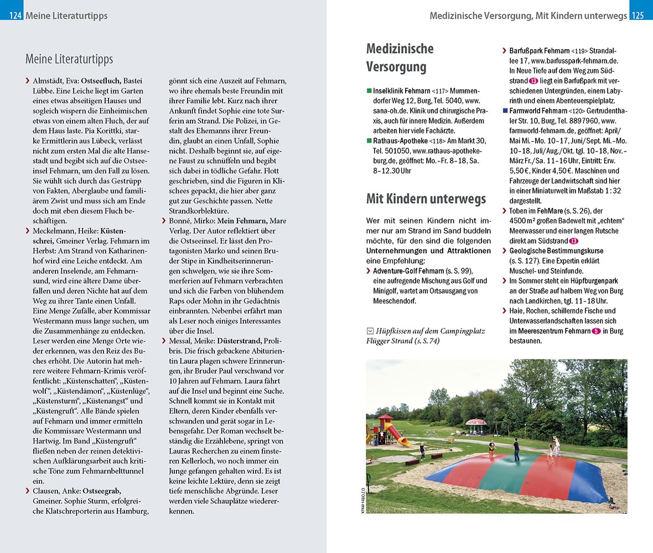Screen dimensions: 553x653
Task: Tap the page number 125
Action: click(x=638, y=16)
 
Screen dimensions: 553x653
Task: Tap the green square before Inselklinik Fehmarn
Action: click(x=369, y=91)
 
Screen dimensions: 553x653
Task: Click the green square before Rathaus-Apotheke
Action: click(x=369, y=140)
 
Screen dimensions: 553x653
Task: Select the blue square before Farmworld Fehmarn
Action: click(x=505, y=111)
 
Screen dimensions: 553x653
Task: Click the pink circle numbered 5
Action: click(x=596, y=331)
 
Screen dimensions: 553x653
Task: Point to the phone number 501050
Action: click(x=397, y=150)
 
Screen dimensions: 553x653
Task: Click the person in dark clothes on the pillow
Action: click(x=516, y=449)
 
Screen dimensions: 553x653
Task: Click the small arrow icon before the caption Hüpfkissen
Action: click(x=370, y=331)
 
